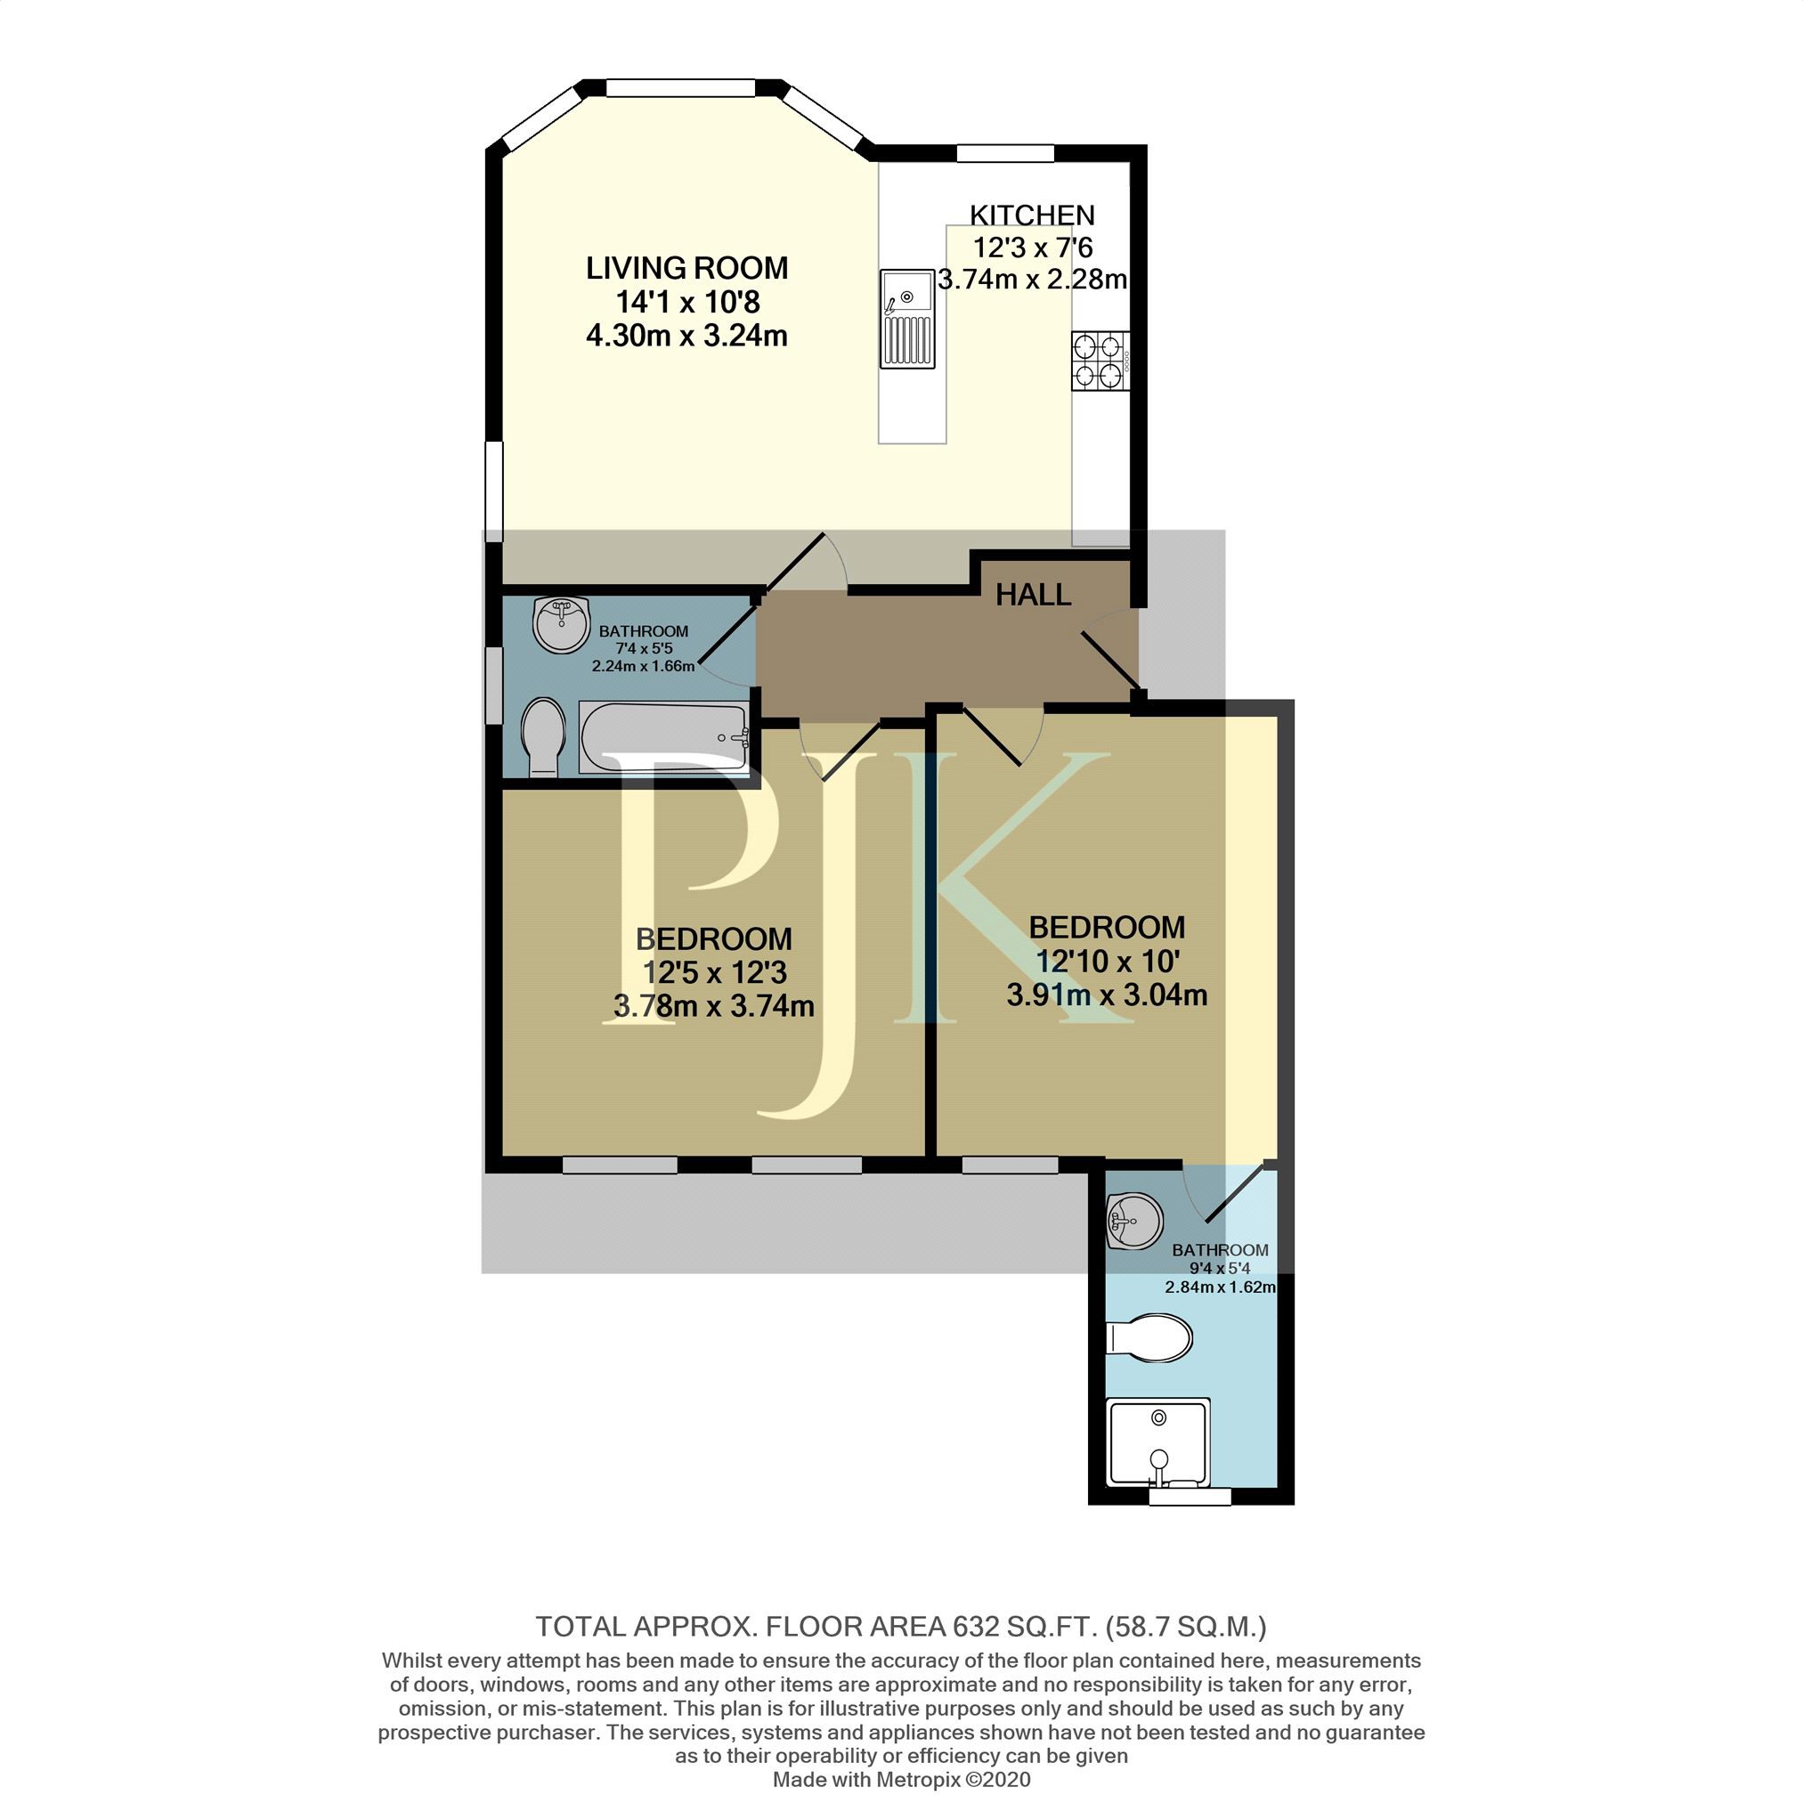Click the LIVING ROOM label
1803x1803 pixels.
(x=686, y=268)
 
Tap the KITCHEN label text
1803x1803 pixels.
(x=1032, y=215)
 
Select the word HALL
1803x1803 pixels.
(x=1033, y=595)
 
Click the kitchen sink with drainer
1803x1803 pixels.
(x=907, y=318)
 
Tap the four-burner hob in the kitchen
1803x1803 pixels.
(x=1101, y=361)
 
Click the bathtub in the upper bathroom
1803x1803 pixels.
(x=663, y=737)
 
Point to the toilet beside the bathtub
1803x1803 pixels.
(x=543, y=738)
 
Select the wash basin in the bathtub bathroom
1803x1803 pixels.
(x=562, y=624)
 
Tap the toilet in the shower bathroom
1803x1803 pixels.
(x=1149, y=1339)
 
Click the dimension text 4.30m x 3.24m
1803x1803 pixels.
(x=686, y=335)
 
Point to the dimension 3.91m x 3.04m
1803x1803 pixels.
(x=1107, y=995)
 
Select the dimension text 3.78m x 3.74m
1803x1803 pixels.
(x=714, y=1006)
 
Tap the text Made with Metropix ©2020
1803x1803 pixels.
(x=901, y=1780)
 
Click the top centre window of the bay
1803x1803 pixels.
(x=680, y=89)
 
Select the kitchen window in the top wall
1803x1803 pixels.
(x=1006, y=153)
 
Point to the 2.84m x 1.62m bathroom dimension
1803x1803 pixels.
(x=1220, y=1287)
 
